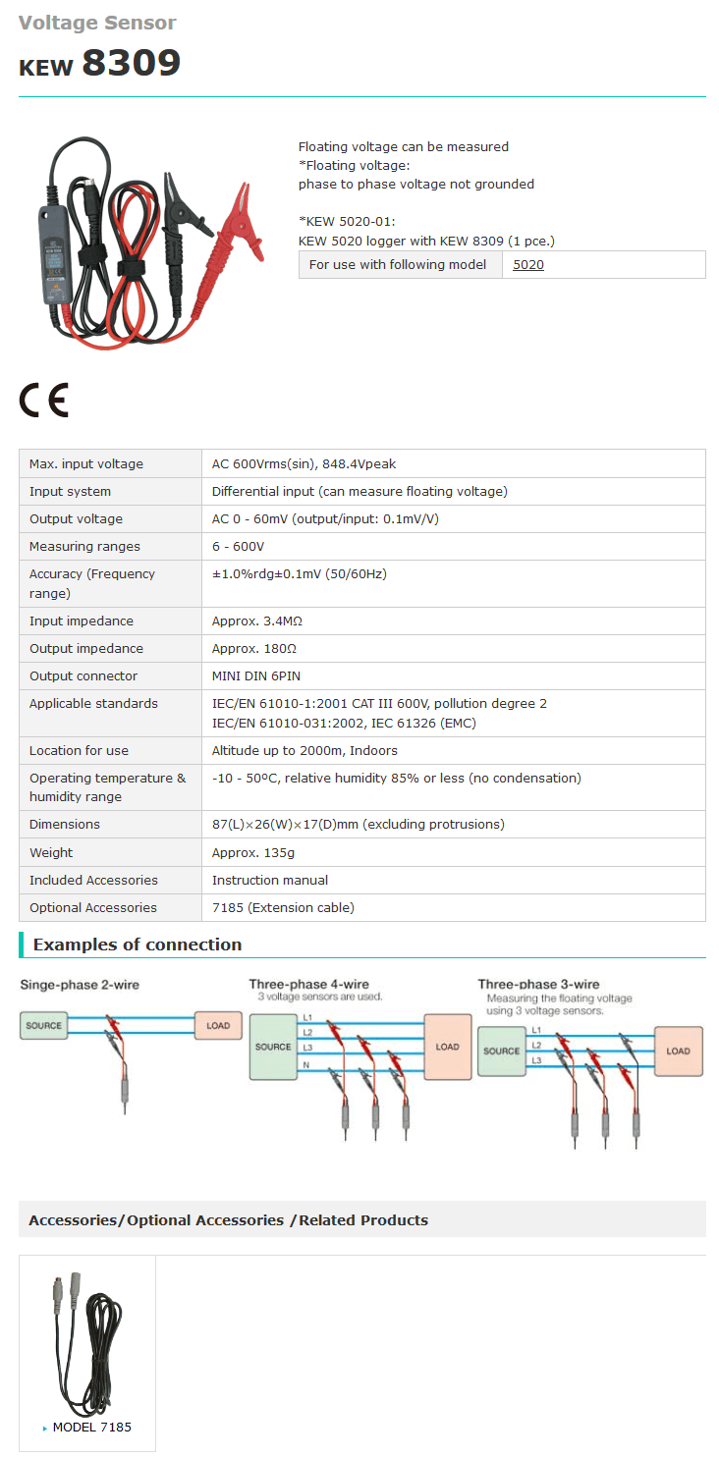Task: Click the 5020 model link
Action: pos(527,265)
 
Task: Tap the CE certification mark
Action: pos(43,400)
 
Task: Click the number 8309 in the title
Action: pos(132,63)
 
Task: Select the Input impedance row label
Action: pos(82,621)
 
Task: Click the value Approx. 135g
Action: pos(253,853)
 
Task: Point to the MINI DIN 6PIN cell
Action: pos(256,675)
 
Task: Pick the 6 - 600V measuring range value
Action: pos(238,546)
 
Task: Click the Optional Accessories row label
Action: pos(93,907)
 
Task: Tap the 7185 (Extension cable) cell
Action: pos(283,907)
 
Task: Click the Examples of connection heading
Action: pos(138,944)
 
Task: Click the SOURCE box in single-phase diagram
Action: pos(43,1026)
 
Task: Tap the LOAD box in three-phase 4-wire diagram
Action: pos(448,1047)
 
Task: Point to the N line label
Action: pos(306,1065)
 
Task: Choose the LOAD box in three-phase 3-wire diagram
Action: pos(678,1052)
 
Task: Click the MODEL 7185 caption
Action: pos(91,1428)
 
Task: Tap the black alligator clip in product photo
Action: pos(182,207)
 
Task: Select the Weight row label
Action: pos(51,853)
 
